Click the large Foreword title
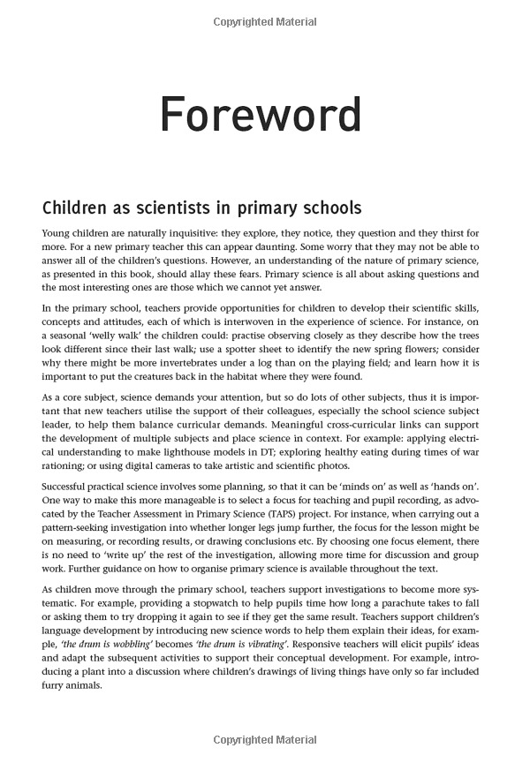pos(261,116)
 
